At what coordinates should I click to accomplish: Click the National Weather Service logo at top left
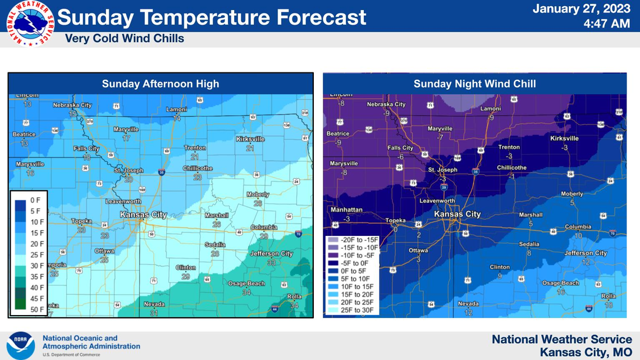(x=30, y=23)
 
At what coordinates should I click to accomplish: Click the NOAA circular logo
(x=21, y=345)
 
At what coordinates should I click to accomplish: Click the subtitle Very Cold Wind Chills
(x=124, y=39)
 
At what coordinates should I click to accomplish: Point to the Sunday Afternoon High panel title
(x=161, y=84)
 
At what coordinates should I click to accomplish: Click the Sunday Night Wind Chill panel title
(x=474, y=84)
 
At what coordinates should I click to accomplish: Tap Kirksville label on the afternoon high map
(x=250, y=138)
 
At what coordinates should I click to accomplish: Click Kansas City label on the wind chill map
(x=458, y=214)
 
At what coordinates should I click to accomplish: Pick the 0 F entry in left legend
(x=35, y=200)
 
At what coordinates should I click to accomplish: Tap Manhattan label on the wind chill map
(x=346, y=209)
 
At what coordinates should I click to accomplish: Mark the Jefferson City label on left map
(x=271, y=254)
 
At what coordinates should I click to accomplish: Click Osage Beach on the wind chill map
(x=560, y=283)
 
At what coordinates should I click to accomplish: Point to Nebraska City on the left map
(x=72, y=105)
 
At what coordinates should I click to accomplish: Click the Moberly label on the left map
(x=258, y=194)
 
